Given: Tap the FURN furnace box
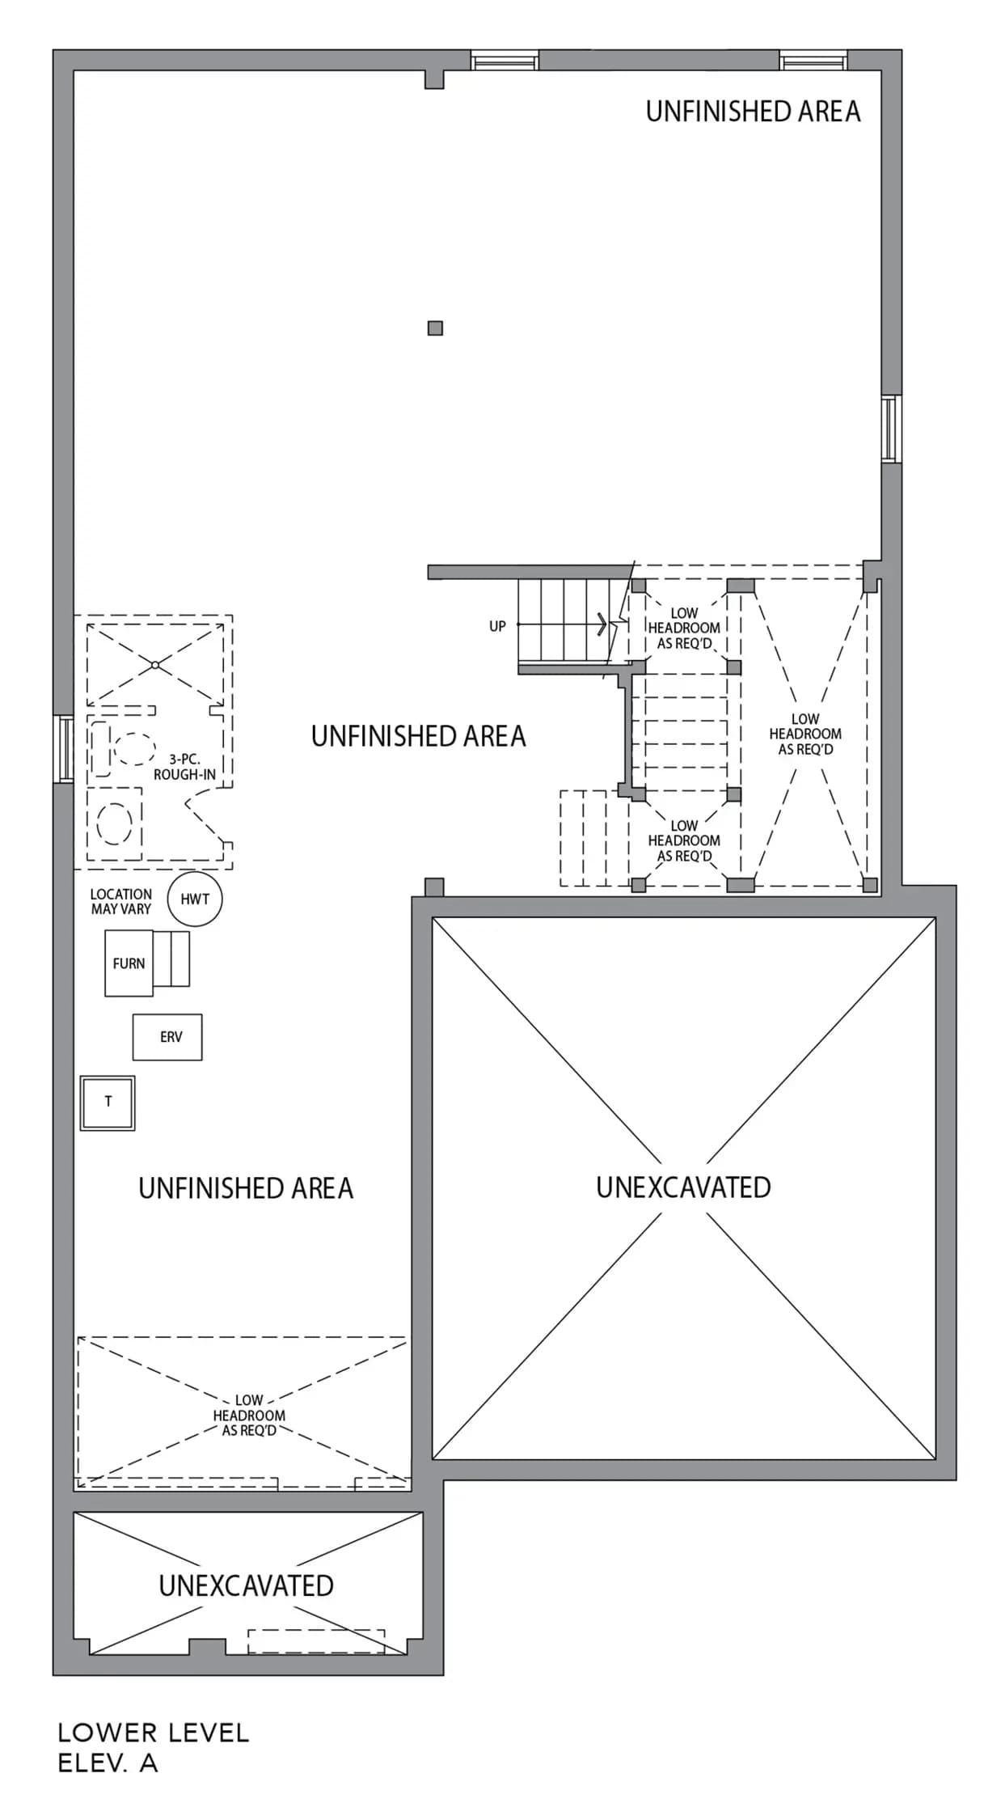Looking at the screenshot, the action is pyautogui.click(x=129, y=963).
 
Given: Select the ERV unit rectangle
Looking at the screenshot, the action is pyautogui.click(x=167, y=1037).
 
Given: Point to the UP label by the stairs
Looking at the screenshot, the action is pyautogui.click(x=497, y=626).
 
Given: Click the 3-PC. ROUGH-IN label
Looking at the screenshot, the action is pyautogui.click(x=184, y=767).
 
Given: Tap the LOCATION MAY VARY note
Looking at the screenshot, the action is pyautogui.click(x=121, y=901).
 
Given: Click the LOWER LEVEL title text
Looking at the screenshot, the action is pyautogui.click(x=154, y=1732).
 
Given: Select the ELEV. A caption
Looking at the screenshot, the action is pyautogui.click(x=108, y=1763).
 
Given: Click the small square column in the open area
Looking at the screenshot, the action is pyautogui.click(x=435, y=328).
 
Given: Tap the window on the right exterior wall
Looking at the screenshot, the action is pyautogui.click(x=891, y=429).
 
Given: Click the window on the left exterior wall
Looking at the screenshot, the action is pyautogui.click(x=63, y=748).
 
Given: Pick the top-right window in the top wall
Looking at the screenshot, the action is pyautogui.click(x=813, y=61).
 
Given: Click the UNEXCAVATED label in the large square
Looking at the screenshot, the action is pyautogui.click(x=683, y=1187).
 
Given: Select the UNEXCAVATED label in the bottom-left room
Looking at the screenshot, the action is pyautogui.click(x=246, y=1585).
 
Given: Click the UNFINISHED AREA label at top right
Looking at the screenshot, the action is pyautogui.click(x=753, y=112).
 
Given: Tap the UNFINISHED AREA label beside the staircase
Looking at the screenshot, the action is pyautogui.click(x=418, y=736).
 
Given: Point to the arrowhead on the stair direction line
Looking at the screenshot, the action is pyautogui.click(x=602, y=624).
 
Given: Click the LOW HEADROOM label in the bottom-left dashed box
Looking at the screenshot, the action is pyautogui.click(x=249, y=1415).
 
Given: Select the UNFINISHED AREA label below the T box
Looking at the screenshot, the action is pyautogui.click(x=246, y=1188).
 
